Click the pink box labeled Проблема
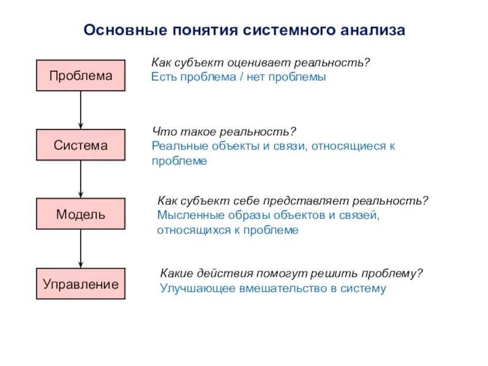(81, 76)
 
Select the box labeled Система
(81, 145)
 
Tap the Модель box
(81, 214)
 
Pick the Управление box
(81, 284)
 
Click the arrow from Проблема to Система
(81, 110)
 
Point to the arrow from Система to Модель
(81, 179)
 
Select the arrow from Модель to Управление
(81, 248)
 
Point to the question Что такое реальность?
(224, 132)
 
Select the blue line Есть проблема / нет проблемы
(239, 77)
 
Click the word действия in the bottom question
(223, 273)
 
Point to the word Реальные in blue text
(176, 146)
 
